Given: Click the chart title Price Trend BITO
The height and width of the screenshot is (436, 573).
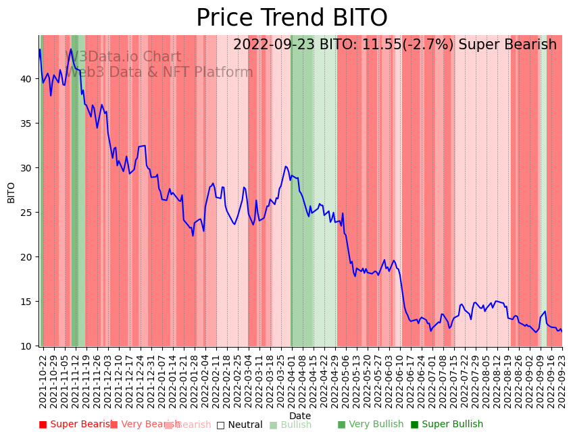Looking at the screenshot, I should (292, 18).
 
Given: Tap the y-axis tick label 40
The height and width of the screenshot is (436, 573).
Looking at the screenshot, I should (26, 79).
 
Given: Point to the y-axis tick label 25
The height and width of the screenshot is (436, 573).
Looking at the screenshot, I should (26, 213).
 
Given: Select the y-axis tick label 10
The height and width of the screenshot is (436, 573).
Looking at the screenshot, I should (26, 346).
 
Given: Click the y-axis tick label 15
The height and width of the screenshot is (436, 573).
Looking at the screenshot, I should (26, 302).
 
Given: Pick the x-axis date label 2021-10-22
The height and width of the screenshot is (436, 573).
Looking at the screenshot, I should (43, 381).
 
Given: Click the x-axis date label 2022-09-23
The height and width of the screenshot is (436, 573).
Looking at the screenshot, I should (562, 381).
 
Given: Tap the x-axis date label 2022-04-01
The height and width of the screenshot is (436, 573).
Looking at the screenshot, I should (291, 381).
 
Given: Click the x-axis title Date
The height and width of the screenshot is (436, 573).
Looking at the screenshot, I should (300, 416).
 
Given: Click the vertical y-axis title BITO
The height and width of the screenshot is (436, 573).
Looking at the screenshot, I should (11, 192).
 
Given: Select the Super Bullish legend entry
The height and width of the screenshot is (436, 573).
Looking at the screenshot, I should (447, 425).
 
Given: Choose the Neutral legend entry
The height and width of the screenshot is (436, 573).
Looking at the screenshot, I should (240, 425).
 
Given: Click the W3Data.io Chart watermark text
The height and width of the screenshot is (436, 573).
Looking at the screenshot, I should (123, 57).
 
